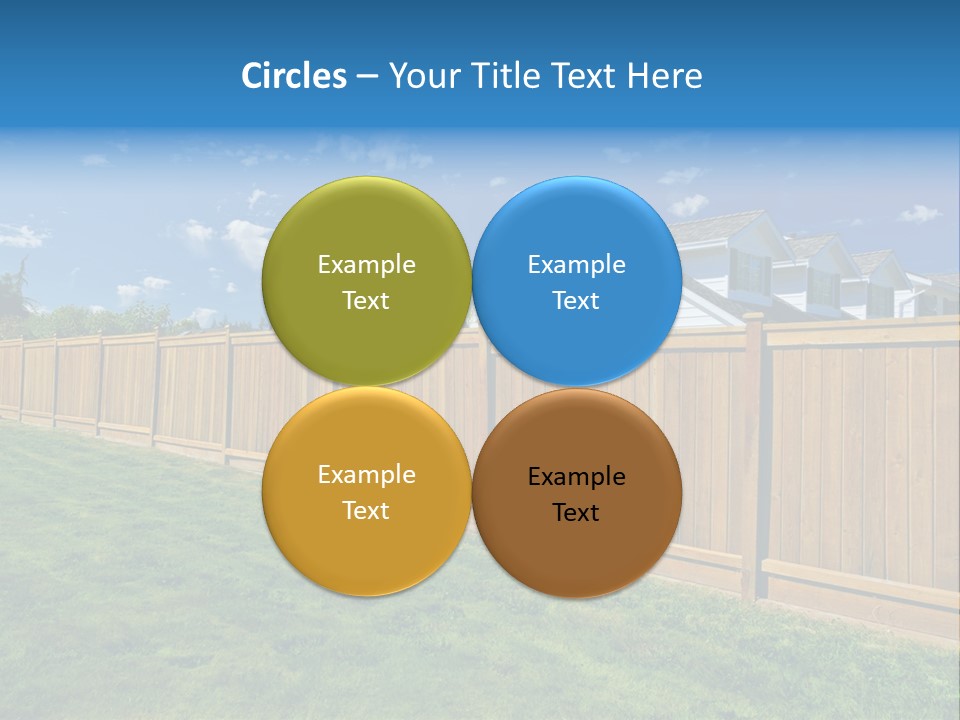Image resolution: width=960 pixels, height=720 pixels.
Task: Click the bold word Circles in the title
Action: click(294, 76)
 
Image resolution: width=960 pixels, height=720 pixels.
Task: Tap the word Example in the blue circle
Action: click(576, 265)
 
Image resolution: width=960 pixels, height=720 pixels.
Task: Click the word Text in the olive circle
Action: click(366, 301)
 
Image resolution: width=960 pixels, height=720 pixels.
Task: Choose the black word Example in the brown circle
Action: click(576, 477)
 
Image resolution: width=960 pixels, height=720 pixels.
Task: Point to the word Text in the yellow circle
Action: click(366, 511)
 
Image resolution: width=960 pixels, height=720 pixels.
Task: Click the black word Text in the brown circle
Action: click(576, 513)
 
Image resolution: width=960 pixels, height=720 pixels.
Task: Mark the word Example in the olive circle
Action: click(366, 265)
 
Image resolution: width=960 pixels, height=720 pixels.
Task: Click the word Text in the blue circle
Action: click(576, 301)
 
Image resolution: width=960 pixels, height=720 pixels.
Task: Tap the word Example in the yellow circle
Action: click(366, 475)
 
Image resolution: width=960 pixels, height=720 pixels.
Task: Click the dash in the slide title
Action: click(367, 77)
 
